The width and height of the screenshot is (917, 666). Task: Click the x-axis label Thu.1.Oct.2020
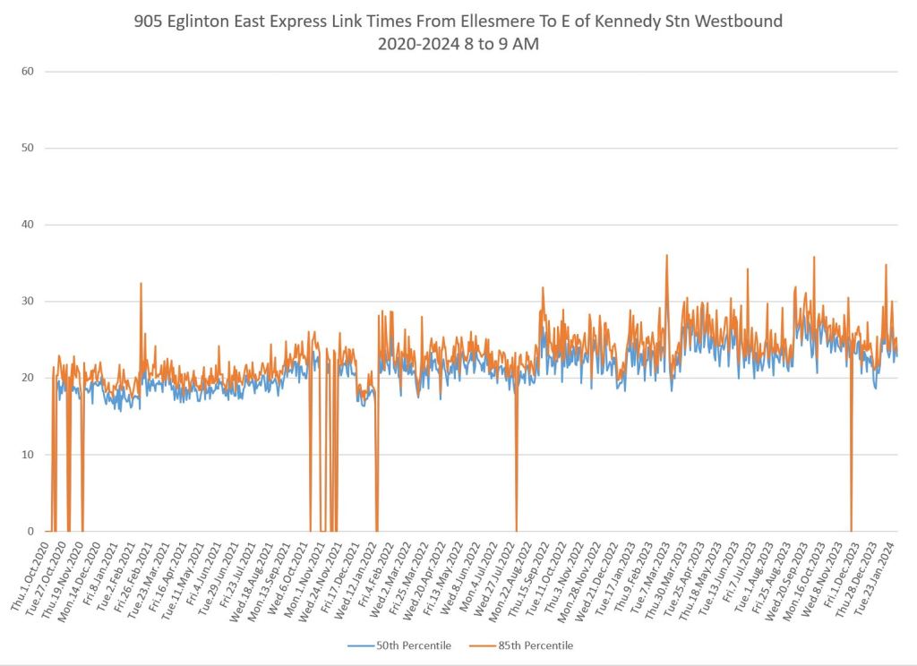click(30, 577)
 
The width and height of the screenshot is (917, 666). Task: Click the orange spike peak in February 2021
click(141, 284)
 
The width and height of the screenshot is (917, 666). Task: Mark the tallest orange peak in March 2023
click(666, 256)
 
